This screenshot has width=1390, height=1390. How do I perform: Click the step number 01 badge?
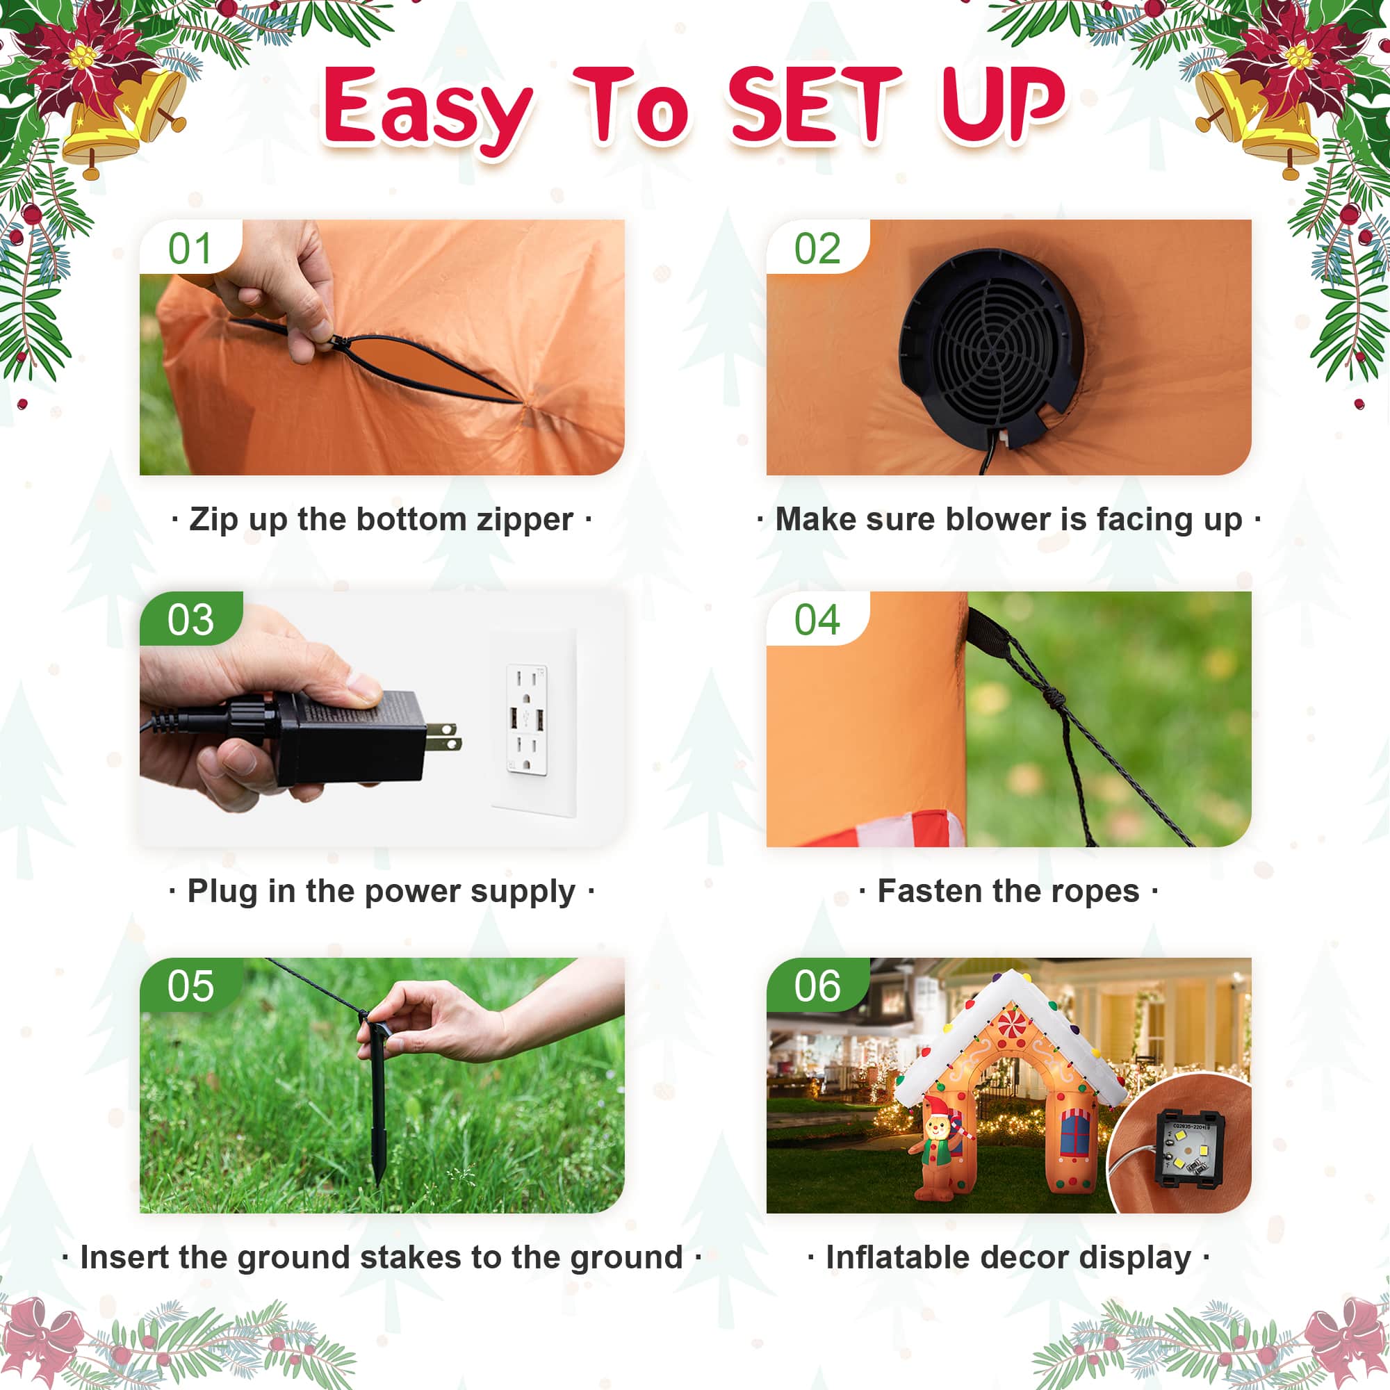click(x=190, y=247)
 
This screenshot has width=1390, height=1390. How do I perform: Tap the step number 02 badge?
click(x=817, y=247)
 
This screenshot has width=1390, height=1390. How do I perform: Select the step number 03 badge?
click(x=190, y=619)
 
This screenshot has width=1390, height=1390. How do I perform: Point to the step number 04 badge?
click(x=817, y=619)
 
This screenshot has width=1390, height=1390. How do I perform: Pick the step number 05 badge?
click(x=190, y=985)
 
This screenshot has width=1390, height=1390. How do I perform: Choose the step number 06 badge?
click(x=817, y=985)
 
